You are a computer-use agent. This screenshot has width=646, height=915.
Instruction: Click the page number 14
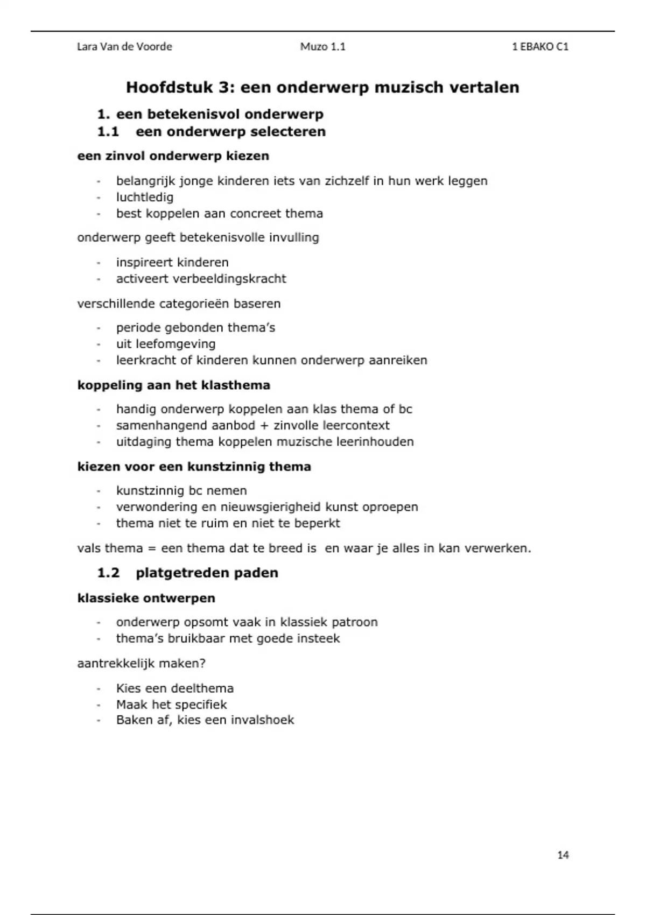point(563,855)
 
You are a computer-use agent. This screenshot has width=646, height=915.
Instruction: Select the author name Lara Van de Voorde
point(124,47)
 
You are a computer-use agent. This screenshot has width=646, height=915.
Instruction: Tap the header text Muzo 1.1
point(322,47)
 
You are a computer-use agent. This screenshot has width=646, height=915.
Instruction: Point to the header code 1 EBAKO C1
point(540,47)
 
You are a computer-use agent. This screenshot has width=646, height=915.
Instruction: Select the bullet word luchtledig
point(145,197)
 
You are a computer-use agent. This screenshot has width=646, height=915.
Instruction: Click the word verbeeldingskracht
point(229,279)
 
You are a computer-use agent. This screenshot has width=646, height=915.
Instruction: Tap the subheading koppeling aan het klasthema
point(173,385)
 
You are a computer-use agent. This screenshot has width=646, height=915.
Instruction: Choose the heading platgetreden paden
point(207,573)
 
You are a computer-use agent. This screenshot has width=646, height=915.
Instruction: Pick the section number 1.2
point(108,573)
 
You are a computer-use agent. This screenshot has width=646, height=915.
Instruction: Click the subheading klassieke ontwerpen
point(146,598)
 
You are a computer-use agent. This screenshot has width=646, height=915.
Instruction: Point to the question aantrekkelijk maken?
point(141,663)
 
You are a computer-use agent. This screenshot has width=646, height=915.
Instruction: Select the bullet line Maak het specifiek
point(171,705)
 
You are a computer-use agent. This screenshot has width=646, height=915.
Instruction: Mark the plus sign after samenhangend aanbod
point(264,426)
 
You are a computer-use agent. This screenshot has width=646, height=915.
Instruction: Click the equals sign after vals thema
point(151,549)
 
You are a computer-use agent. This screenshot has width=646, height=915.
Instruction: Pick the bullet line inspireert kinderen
point(172,263)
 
